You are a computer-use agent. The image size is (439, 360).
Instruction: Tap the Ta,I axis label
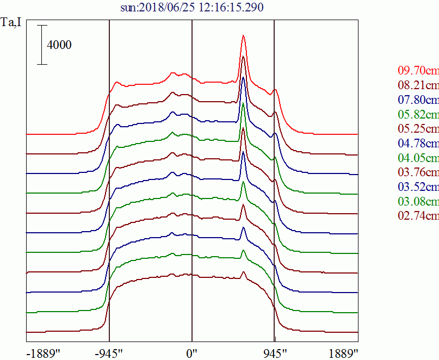pyautogui.click(x=12, y=24)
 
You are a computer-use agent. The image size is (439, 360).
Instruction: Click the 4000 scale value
pyautogui.click(x=59, y=45)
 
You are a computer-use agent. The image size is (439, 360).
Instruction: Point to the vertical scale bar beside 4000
pyautogui.click(x=42, y=45)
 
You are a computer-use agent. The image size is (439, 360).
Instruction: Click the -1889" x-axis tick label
pyautogui.click(x=43, y=352)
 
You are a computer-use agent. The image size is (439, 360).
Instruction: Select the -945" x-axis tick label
pyautogui.click(x=109, y=352)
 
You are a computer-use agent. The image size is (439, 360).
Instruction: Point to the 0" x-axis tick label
pyautogui.click(x=192, y=352)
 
